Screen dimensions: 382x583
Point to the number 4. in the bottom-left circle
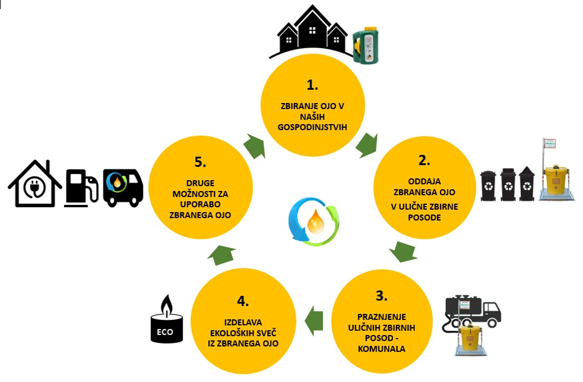(241, 300)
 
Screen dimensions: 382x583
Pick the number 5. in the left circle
(200, 162)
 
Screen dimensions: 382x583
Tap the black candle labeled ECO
(165, 325)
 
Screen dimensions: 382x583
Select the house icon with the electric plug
(35, 184)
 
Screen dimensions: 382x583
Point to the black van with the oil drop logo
(123, 186)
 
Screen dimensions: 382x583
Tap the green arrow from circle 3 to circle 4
(313, 319)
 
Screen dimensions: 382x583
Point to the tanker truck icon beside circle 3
(471, 312)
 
